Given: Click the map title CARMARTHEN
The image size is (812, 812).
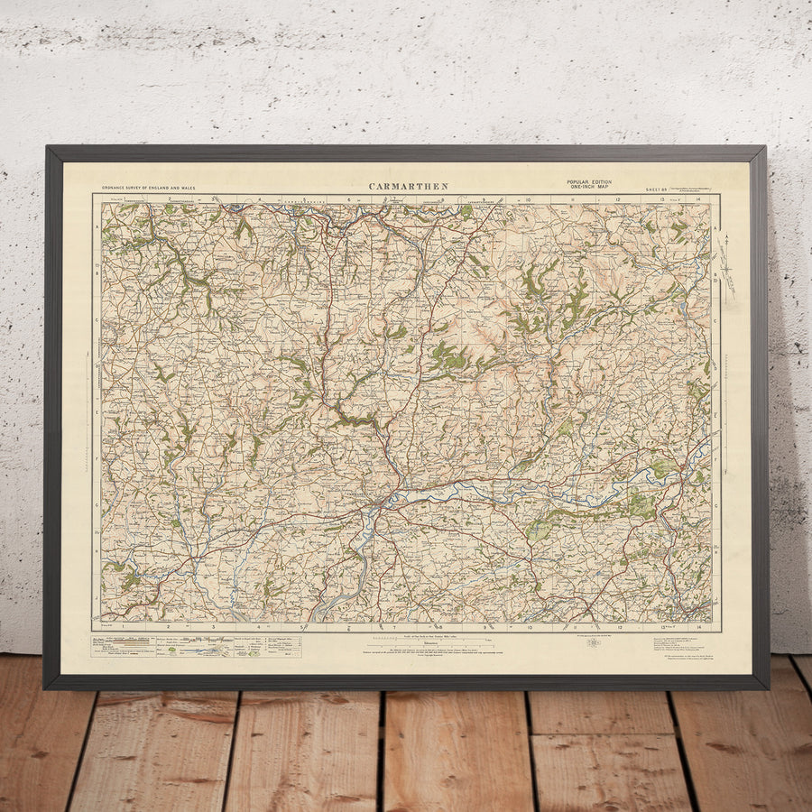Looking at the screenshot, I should (408, 187).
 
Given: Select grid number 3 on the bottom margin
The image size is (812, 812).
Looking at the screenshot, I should (213, 625).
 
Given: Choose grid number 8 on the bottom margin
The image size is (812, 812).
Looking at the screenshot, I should (439, 625).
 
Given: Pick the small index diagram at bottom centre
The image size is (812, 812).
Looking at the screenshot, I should (594, 643).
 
